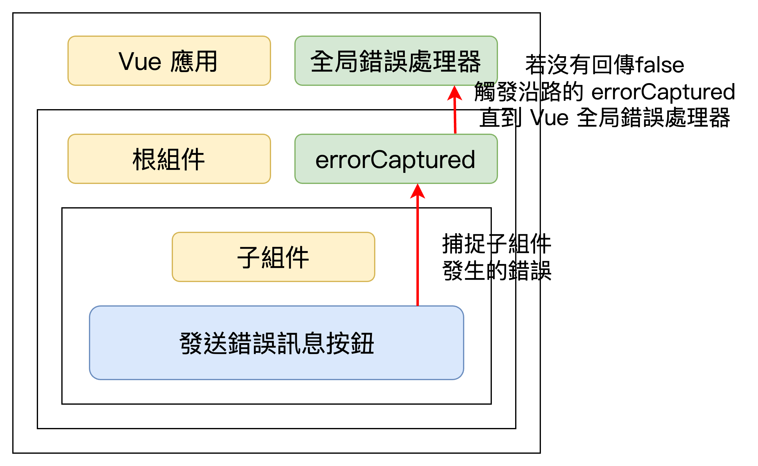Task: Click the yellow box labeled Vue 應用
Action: [x=169, y=61]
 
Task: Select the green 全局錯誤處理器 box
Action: [x=396, y=61]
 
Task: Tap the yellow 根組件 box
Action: [x=169, y=159]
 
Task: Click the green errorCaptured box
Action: [x=396, y=159]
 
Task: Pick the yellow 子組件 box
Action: [x=274, y=257]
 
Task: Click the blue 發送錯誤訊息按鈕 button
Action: [x=277, y=343]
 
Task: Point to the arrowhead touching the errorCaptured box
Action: [x=418, y=191]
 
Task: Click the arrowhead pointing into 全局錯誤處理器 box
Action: [x=454, y=93]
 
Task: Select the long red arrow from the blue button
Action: [x=418, y=245]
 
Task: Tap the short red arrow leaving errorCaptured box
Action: [x=455, y=110]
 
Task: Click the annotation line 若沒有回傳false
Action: [x=605, y=64]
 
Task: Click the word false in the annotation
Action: [x=660, y=64]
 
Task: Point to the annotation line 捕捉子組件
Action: [x=497, y=243]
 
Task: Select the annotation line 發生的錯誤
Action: [x=497, y=270]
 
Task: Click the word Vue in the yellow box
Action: [x=140, y=61]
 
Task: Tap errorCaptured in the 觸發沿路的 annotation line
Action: [x=663, y=92]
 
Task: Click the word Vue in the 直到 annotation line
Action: [x=549, y=117]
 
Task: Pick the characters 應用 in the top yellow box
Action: [x=194, y=61]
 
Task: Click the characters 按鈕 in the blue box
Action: [x=350, y=343]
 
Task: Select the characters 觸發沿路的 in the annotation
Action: [x=528, y=92]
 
